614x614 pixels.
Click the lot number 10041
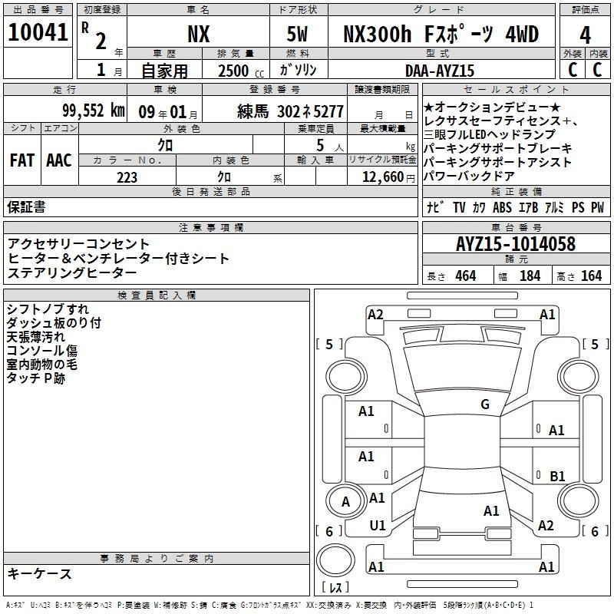[x=38, y=32]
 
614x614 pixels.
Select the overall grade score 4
[x=585, y=35]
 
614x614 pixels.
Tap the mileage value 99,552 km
[x=94, y=111]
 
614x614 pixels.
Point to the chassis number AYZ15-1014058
[x=516, y=244]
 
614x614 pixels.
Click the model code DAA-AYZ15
[x=439, y=71]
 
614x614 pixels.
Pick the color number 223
[x=127, y=177]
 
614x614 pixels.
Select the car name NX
[x=199, y=34]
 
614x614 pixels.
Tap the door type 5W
[x=297, y=34]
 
